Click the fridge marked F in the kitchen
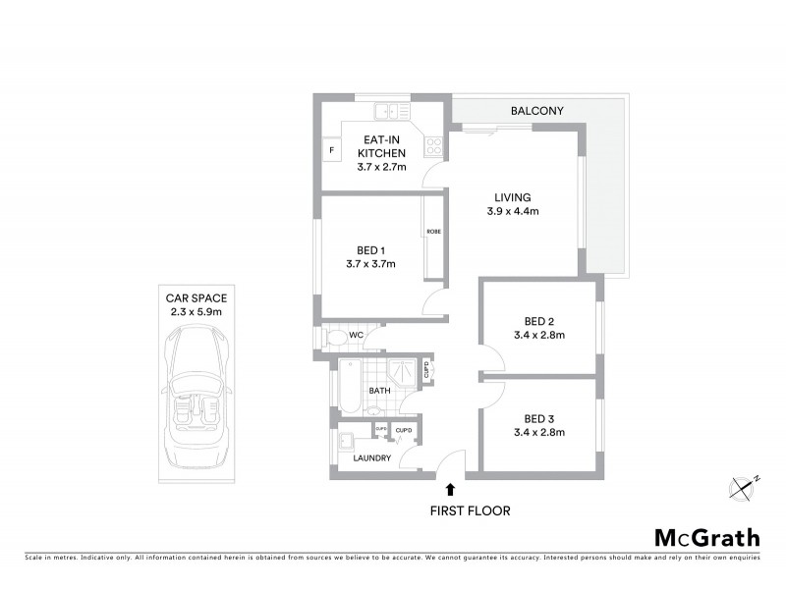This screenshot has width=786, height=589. pyautogui.click(x=331, y=149)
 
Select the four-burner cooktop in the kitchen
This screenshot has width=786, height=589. pyautogui.click(x=432, y=147)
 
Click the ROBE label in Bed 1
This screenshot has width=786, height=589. pyautogui.click(x=433, y=232)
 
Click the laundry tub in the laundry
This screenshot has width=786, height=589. pyautogui.click(x=348, y=439)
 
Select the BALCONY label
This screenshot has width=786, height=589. pyautogui.click(x=536, y=111)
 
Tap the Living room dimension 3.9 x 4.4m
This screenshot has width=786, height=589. pyautogui.click(x=513, y=211)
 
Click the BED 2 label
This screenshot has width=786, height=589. pyautogui.click(x=539, y=321)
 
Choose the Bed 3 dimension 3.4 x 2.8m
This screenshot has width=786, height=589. pyautogui.click(x=539, y=431)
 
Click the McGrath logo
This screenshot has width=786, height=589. pyautogui.click(x=706, y=537)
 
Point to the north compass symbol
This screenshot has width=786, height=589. pyautogui.click(x=744, y=486)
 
